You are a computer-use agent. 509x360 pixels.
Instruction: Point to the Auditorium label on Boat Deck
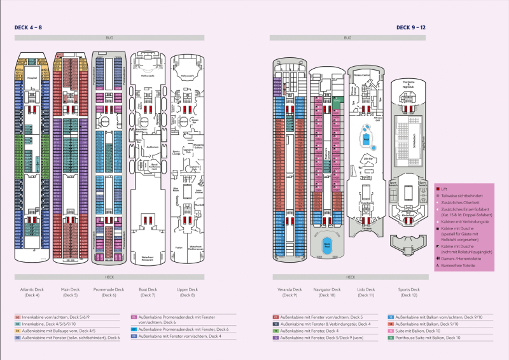point(152,146)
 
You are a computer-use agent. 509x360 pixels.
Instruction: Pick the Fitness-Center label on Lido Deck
point(363,74)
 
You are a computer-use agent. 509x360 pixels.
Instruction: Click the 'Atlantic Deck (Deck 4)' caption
point(32,293)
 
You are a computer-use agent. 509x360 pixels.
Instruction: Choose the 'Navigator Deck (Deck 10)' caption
point(327,293)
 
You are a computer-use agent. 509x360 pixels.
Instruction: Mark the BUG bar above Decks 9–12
point(347,38)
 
